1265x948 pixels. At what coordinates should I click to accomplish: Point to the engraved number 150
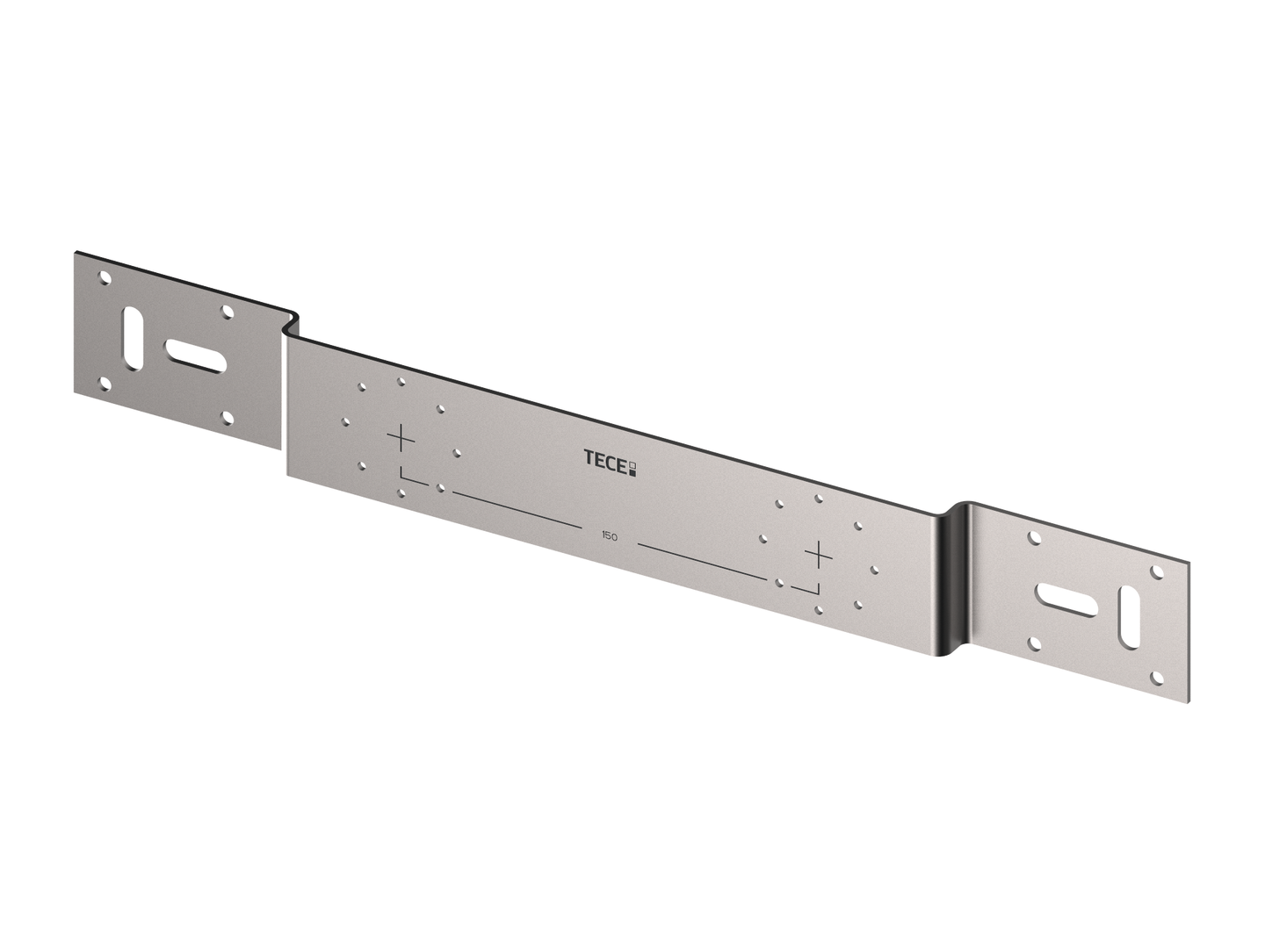point(609,535)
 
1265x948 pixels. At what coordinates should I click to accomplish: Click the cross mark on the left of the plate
point(401,438)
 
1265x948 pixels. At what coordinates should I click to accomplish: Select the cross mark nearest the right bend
point(819,555)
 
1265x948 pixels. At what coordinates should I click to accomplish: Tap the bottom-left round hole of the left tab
point(105,383)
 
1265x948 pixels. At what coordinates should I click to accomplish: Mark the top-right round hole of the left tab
point(228,312)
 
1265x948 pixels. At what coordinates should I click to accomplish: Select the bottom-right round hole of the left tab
point(228,418)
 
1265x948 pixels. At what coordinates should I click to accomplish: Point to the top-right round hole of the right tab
point(1157,571)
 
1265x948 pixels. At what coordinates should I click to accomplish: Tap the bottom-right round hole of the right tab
point(1157,678)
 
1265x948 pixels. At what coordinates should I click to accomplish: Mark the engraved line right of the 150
point(703,561)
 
